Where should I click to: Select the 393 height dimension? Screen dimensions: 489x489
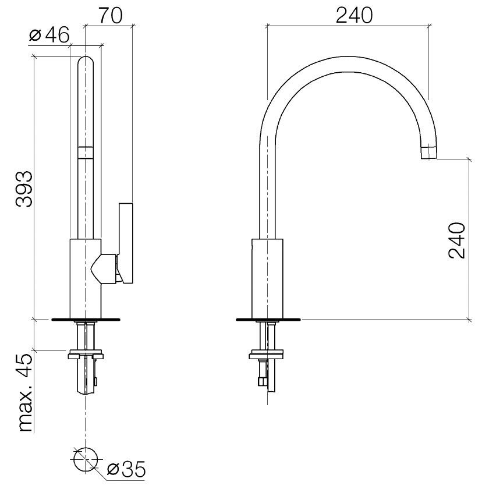(24, 189)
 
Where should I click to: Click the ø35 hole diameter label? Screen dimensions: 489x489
(126, 469)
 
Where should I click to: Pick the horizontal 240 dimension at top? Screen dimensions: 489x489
(355, 15)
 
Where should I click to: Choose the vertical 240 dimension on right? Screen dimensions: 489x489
(457, 240)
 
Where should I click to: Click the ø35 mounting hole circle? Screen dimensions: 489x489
(86, 459)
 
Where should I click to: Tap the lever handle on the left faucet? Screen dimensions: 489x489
(126, 243)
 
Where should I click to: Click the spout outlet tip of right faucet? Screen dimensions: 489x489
(429, 153)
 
